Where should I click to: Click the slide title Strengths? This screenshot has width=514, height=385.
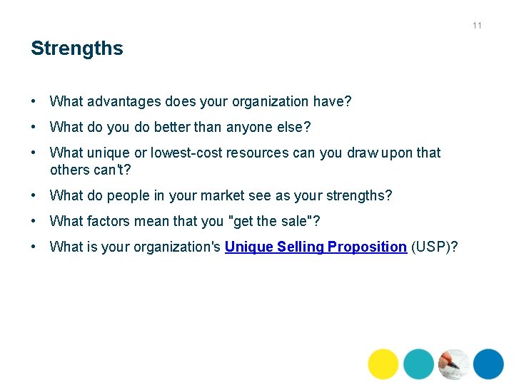pos(76,48)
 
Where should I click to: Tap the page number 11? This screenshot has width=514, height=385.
pos(477,26)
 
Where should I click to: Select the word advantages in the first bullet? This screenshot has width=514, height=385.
pos(122,102)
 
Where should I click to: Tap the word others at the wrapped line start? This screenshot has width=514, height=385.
pos(69,170)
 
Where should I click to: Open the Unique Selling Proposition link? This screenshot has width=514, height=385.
pos(316,247)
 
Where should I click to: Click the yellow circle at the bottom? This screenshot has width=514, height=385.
pos(383,364)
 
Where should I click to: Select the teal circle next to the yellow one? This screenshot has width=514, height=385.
pos(418,364)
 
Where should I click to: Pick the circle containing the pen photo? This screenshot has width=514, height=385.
pos(453,364)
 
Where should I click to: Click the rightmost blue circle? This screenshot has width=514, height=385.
pos(488,364)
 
